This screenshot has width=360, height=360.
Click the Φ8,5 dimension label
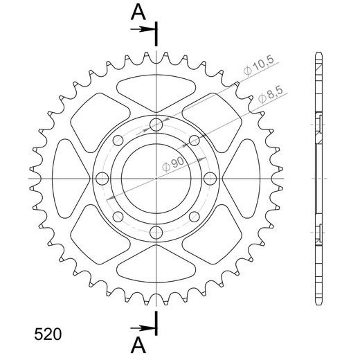(x=271, y=95)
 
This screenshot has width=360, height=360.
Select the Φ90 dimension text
(x=173, y=164)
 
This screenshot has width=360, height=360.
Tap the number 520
(x=48, y=334)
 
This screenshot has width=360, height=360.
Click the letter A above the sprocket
(x=138, y=12)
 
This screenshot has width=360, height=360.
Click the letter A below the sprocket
(x=138, y=345)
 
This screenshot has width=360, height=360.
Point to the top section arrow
(x=143, y=29)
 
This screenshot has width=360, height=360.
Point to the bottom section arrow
(x=143, y=328)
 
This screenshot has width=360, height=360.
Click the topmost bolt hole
(x=156, y=125)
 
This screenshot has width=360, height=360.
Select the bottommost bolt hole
(x=156, y=233)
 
